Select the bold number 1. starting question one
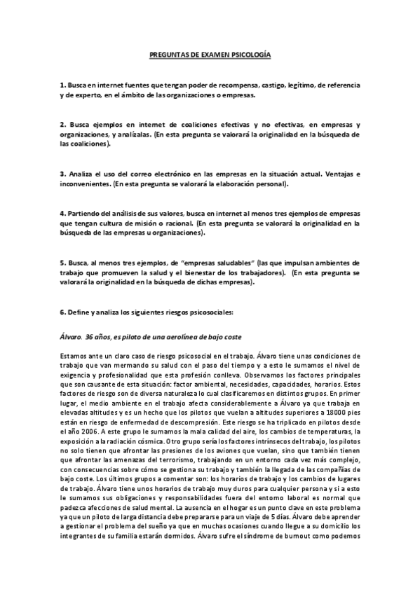[62, 84]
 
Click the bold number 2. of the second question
[62, 124]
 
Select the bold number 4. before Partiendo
[62, 213]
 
